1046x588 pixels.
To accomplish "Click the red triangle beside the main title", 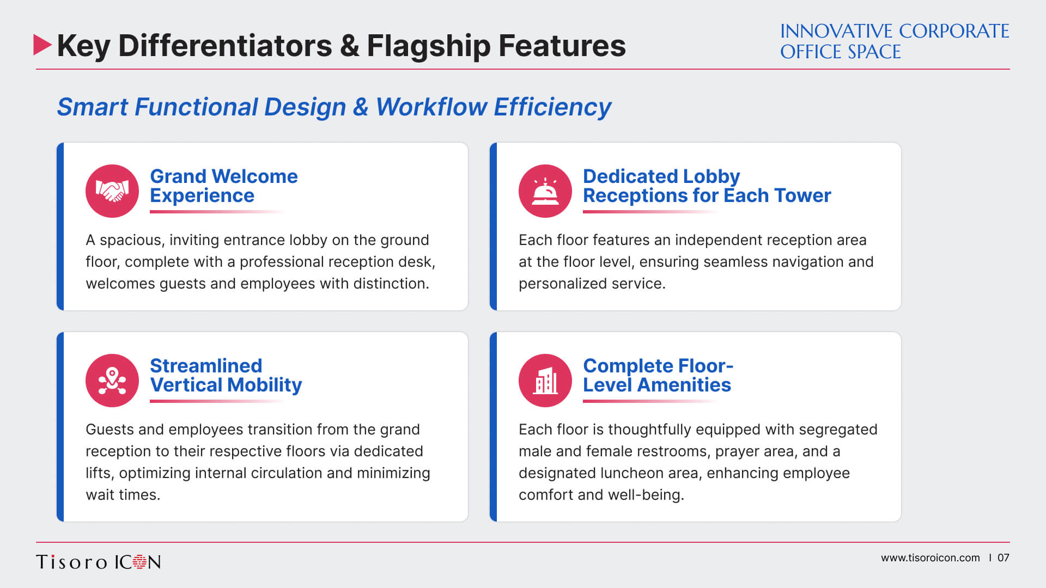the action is (x=41, y=45).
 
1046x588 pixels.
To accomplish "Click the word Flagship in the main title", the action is (x=428, y=46).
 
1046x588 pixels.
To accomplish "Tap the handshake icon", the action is (x=112, y=191).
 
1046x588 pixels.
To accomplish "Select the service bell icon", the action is (x=545, y=191).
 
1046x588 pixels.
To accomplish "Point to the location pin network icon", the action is (x=112, y=381).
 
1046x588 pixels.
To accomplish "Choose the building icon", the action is (x=545, y=381).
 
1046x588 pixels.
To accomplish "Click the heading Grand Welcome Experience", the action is (x=224, y=186).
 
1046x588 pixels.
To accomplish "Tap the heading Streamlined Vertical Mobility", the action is (x=226, y=375).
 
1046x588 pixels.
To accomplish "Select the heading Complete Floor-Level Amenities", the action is (x=658, y=375).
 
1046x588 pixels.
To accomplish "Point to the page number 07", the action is (x=1003, y=558).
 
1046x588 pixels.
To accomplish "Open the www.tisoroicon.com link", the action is (x=930, y=558).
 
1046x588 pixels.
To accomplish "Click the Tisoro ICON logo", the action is (x=99, y=562).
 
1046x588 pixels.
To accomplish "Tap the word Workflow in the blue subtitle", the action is (x=431, y=107).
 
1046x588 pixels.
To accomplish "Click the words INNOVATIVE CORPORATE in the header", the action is (x=895, y=31).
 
